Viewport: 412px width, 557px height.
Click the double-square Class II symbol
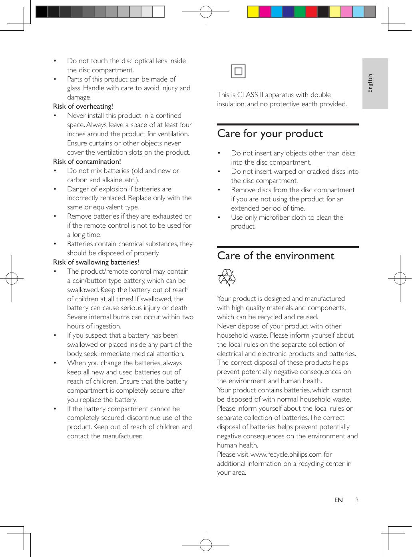coord(238,72)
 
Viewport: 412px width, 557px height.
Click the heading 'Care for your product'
coord(270,133)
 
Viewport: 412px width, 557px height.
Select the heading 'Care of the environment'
coord(276,256)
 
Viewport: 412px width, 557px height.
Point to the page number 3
coord(357,500)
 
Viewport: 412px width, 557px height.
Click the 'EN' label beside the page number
coord(338,500)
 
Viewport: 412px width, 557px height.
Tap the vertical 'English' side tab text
coord(370,83)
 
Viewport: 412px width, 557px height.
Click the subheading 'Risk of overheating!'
coord(83,106)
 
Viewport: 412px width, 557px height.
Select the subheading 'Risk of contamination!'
coord(87,161)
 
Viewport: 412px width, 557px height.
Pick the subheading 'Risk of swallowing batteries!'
coord(96,262)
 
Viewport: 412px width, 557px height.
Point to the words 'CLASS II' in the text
coord(250,95)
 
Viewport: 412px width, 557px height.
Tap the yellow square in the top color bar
coord(253,12)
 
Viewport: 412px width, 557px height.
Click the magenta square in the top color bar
coord(265,12)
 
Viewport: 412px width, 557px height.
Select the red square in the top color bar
coord(311,12)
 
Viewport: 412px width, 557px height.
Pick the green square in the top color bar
coord(300,12)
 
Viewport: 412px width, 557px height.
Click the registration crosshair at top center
coord(206,12)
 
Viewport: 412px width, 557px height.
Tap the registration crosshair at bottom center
coord(206,544)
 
